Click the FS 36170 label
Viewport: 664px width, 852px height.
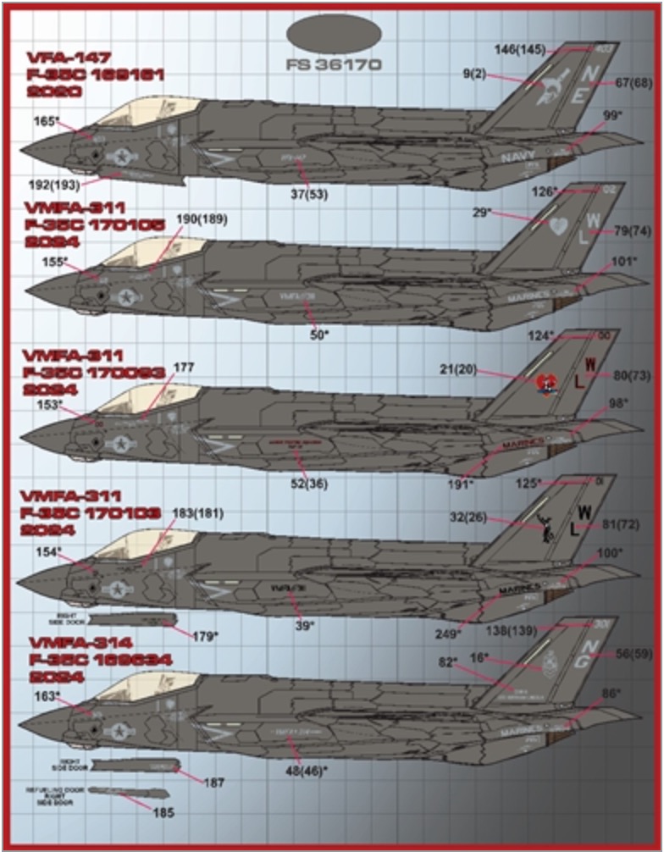point(335,65)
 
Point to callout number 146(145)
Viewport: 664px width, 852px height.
point(518,50)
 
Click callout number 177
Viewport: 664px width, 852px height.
point(184,368)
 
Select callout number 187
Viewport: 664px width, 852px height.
point(214,783)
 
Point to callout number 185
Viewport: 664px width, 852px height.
point(164,814)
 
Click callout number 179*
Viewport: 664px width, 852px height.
point(206,638)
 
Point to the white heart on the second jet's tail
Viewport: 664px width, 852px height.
point(556,226)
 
